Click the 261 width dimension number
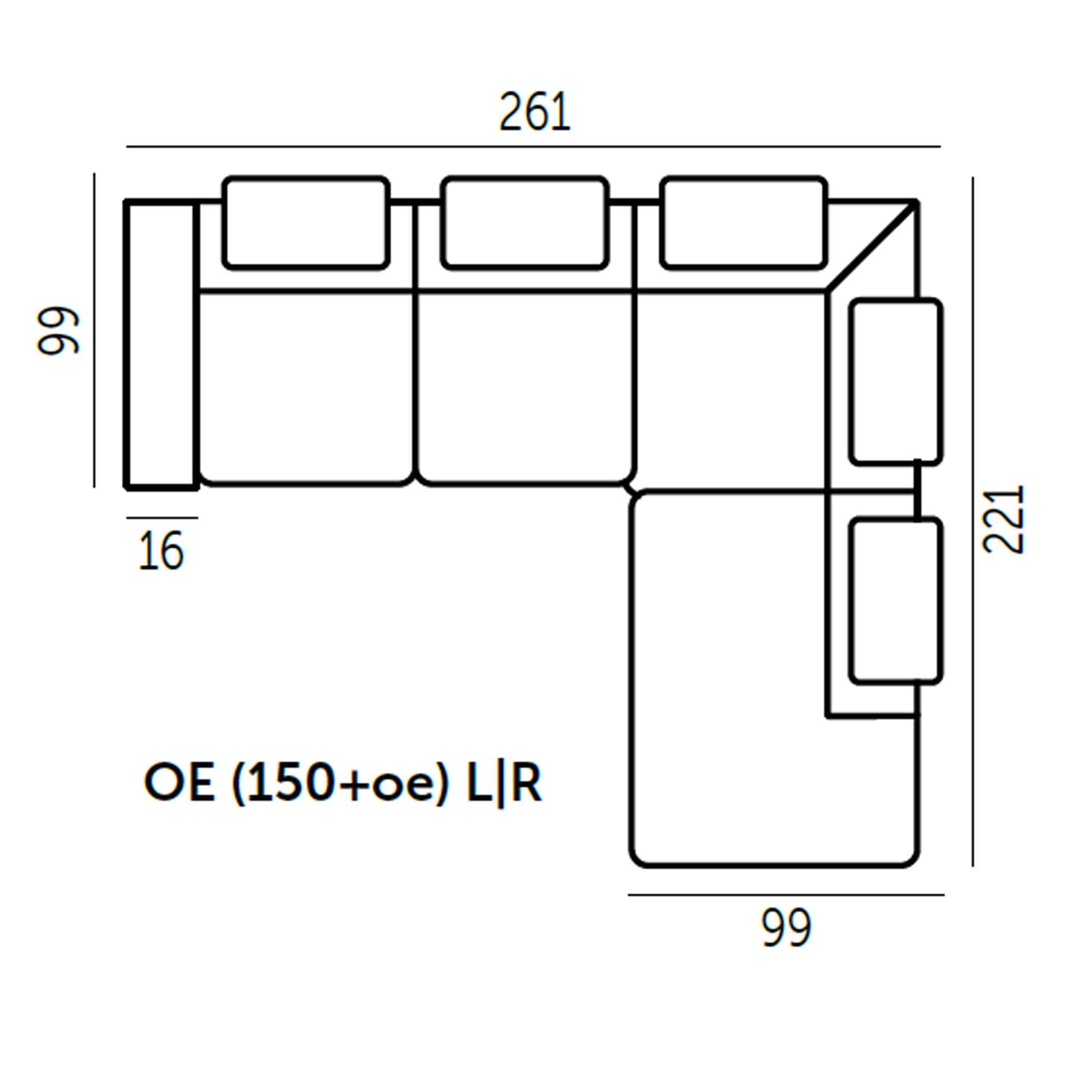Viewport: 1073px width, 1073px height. tap(535, 112)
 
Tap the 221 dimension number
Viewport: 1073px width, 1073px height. tap(1003, 519)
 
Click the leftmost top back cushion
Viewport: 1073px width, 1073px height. tap(306, 223)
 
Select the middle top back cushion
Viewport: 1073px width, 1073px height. tap(525, 223)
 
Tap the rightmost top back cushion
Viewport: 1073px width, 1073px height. tap(744, 223)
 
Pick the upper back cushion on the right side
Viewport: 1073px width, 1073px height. tap(896, 381)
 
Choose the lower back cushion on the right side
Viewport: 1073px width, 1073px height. tap(896, 600)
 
